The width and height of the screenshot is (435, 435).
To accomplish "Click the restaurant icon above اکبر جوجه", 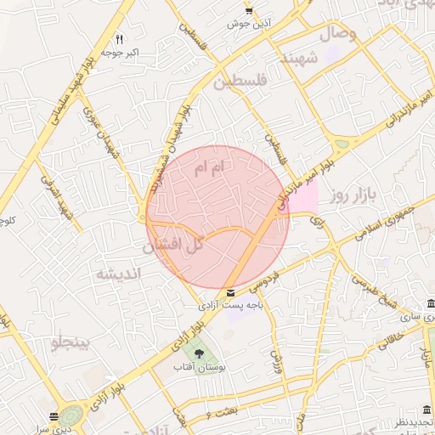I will click(119, 39).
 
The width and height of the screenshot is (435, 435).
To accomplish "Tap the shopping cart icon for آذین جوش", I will click(248, 10).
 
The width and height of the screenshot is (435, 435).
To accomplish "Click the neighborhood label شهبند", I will click(300, 59).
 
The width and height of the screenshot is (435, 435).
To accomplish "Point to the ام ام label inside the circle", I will click(206, 169).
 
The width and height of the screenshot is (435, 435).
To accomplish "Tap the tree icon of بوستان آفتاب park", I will click(199, 353).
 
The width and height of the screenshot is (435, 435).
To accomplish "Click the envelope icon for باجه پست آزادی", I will click(231, 292).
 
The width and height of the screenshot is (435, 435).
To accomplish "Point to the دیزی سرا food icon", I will click(54, 416).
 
